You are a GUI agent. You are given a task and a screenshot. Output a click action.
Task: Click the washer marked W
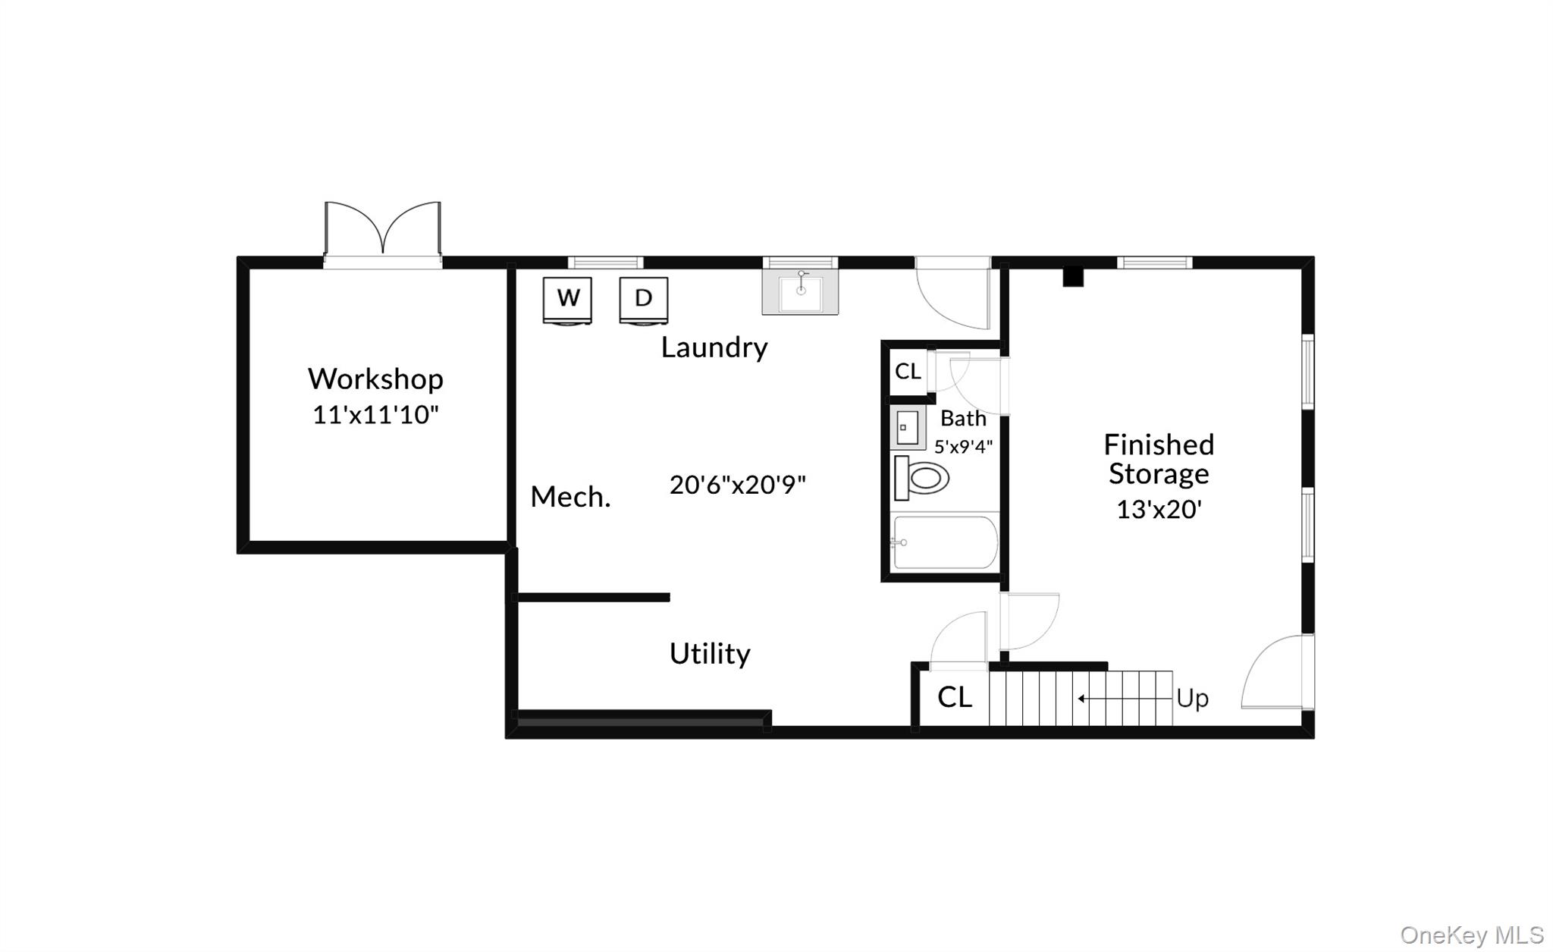(567, 299)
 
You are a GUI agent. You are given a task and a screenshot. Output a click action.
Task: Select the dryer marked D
(643, 299)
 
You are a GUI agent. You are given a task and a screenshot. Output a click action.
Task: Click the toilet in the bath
(922, 478)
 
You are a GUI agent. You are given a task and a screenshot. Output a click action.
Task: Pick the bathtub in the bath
(945, 542)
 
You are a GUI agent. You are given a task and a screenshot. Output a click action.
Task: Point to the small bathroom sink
(907, 428)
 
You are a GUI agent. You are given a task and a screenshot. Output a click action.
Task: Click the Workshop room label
(375, 379)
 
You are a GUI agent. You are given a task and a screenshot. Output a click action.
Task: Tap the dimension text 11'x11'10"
(375, 415)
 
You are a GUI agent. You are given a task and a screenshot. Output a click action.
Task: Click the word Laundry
(714, 347)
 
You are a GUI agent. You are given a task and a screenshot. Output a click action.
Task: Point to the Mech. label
(570, 497)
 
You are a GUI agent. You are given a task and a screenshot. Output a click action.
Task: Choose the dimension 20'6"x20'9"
(737, 485)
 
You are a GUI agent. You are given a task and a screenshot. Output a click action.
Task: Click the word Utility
(710, 653)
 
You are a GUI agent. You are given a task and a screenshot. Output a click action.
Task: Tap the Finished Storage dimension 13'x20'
(1159, 509)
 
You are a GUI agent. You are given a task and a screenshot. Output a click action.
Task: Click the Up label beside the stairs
(1192, 698)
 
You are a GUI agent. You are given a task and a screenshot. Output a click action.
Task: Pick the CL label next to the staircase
(954, 697)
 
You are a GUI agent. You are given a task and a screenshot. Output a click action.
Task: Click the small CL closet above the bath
(908, 371)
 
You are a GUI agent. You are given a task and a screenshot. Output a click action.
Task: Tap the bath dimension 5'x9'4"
(963, 447)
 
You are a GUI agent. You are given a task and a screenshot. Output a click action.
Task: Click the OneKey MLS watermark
(1471, 935)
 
